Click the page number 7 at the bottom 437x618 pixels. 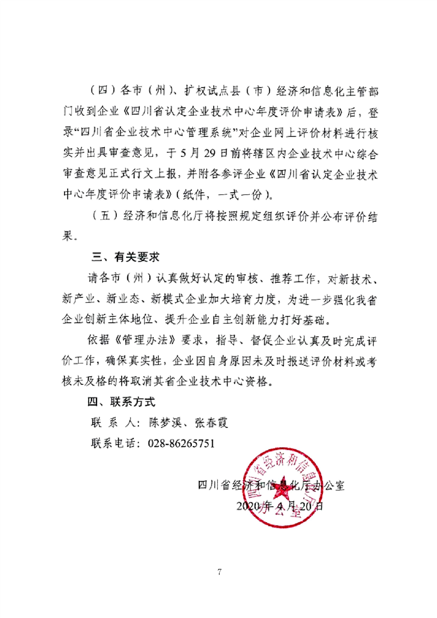219,571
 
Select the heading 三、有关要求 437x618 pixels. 125,257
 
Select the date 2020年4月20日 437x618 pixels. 279,505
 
